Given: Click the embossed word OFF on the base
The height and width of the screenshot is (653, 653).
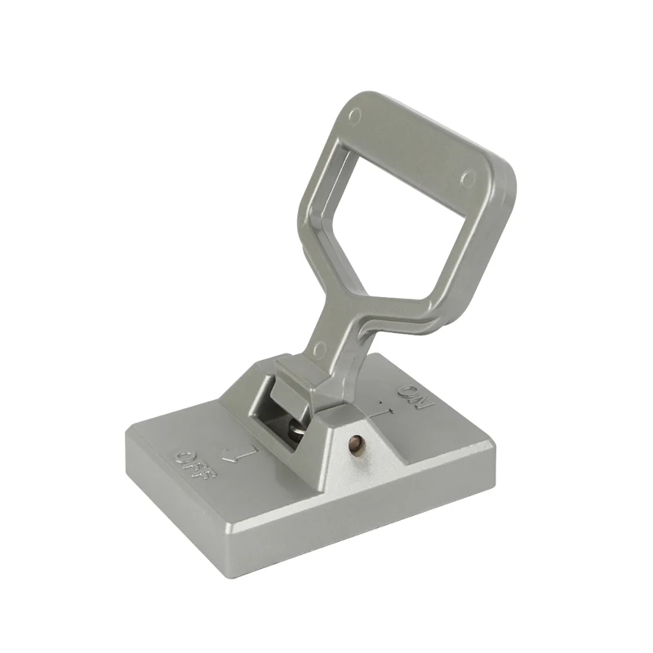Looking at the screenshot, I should (194, 462).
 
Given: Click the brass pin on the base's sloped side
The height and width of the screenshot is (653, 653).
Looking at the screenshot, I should (355, 444).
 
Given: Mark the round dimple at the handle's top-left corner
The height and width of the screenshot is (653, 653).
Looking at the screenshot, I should (353, 115).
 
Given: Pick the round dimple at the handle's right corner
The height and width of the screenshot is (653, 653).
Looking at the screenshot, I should (468, 178).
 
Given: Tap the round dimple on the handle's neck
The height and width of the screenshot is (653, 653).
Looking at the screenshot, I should (318, 349).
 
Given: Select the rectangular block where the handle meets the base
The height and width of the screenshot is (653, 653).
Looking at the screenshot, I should (298, 384).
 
